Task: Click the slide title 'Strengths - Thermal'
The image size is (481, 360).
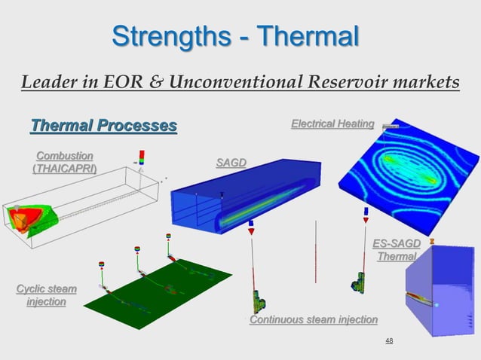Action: click(x=235, y=35)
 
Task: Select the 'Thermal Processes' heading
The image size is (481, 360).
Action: click(x=103, y=124)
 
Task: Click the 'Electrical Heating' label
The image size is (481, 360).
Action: click(x=332, y=124)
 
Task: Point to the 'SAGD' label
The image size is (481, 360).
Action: click(x=231, y=163)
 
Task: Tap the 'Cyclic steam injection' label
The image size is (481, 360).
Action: click(x=46, y=295)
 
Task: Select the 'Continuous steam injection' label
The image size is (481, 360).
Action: click(x=313, y=320)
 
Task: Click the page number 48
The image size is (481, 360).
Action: click(x=389, y=341)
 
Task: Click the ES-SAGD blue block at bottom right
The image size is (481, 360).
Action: click(x=441, y=290)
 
